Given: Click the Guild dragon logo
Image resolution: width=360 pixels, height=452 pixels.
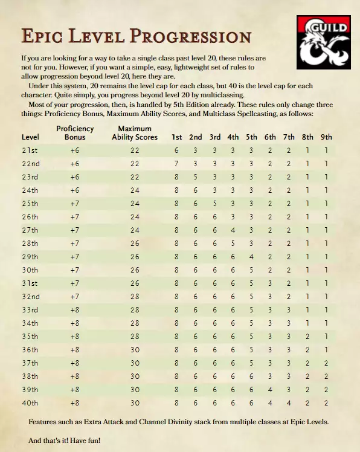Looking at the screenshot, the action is [x=324, y=41].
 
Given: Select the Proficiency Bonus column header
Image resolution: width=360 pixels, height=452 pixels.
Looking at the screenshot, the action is [x=75, y=133].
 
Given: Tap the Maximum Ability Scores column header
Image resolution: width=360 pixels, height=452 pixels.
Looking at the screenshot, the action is [x=135, y=133].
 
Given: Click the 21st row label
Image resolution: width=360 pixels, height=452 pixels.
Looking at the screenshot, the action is [x=30, y=150].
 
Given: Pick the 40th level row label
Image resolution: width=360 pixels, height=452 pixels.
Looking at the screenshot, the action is [x=30, y=403].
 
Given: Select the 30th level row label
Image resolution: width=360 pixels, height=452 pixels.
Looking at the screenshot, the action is [x=30, y=270].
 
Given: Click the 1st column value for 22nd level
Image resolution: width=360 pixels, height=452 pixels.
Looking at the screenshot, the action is [x=176, y=164].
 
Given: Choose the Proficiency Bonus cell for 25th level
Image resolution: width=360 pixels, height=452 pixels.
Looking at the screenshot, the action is [x=75, y=204].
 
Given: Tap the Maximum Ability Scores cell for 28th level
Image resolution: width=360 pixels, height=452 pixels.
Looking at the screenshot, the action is [x=135, y=244].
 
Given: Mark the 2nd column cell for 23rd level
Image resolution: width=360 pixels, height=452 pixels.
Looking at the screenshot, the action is [x=195, y=177].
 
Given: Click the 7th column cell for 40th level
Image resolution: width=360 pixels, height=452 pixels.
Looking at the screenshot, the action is [x=289, y=403].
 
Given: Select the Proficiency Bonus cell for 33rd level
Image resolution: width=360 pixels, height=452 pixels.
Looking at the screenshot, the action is [x=75, y=310].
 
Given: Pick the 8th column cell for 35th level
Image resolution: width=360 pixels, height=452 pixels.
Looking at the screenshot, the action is [x=307, y=337].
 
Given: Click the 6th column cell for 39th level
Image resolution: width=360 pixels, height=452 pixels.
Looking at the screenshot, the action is [x=270, y=390].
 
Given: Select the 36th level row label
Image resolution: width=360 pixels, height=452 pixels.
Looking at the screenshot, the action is [x=30, y=350].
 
